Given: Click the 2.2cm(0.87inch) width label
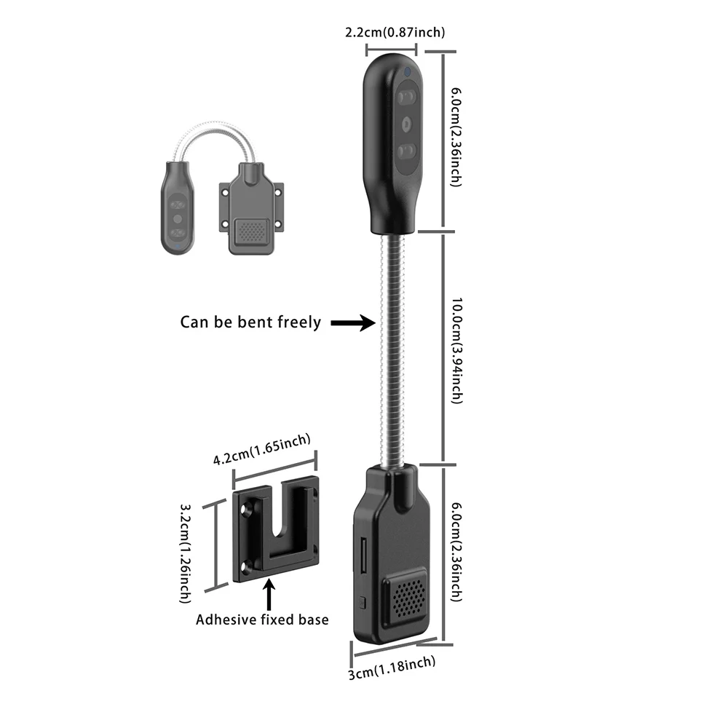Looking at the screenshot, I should click(394, 32).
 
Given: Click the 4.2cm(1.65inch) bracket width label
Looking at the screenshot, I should click(262, 450).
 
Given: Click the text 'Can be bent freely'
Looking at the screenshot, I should click(250, 322).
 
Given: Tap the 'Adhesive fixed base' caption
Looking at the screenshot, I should click(262, 620).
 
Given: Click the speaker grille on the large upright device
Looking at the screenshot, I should click(406, 596).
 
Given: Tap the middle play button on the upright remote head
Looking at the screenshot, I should click(406, 124).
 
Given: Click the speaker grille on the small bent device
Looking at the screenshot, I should click(251, 232).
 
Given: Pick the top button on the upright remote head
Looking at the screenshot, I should click(406, 97).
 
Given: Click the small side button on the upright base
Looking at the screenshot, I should click(362, 602).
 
